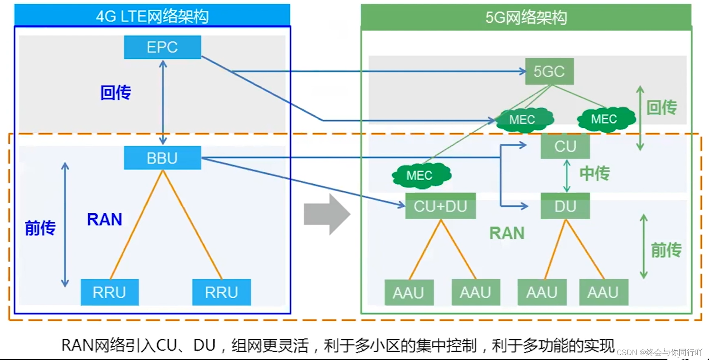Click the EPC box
pos(162,47)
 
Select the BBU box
pos(162,158)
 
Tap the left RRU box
pos(109,292)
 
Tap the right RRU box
pos(221,292)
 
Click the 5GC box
pos(549,72)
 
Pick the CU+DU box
pos(440,206)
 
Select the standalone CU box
pos(565,146)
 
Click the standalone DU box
pos(565,206)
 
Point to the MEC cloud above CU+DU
pos(421,175)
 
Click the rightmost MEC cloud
pos(605,119)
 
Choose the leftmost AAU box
pos(409,292)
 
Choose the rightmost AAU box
pos(603,292)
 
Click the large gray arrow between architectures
pos(326,214)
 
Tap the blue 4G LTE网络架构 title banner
pos(152,16)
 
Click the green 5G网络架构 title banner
pos(526,17)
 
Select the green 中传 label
pos(594,173)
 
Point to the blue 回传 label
pos(115,93)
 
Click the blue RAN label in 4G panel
pos(104,220)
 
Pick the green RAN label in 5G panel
pos(507,233)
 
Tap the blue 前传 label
pos(40,228)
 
